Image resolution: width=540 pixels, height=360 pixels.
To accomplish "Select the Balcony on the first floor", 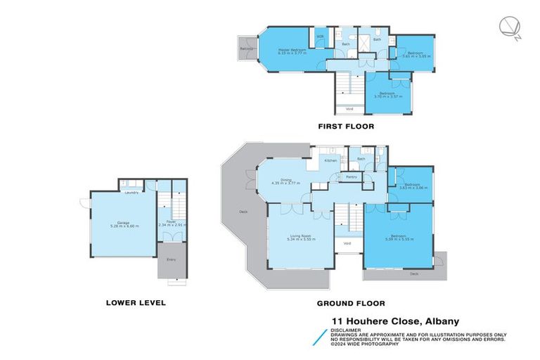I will tap(246, 49).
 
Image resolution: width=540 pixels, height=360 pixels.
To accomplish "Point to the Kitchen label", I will tap(329, 161).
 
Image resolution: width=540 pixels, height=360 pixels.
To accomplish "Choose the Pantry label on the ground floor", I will tap(351, 176).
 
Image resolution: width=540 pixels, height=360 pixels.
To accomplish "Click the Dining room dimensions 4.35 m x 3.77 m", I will tap(286, 184).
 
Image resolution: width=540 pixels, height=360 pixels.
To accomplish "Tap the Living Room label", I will tap(301, 237).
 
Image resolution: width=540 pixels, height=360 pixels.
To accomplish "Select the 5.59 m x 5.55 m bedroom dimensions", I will tap(399, 240).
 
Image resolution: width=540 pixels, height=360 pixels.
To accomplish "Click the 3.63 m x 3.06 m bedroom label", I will tap(413, 188).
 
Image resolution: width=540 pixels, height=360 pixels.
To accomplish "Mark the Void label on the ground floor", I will tap(347, 243).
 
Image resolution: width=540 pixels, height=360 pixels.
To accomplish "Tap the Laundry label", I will tap(130, 192).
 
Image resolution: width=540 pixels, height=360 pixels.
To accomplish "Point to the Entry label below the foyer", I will tap(171, 260).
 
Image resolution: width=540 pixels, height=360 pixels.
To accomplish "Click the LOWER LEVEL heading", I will tap(135, 304).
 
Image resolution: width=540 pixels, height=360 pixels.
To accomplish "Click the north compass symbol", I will tap(509, 27).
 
